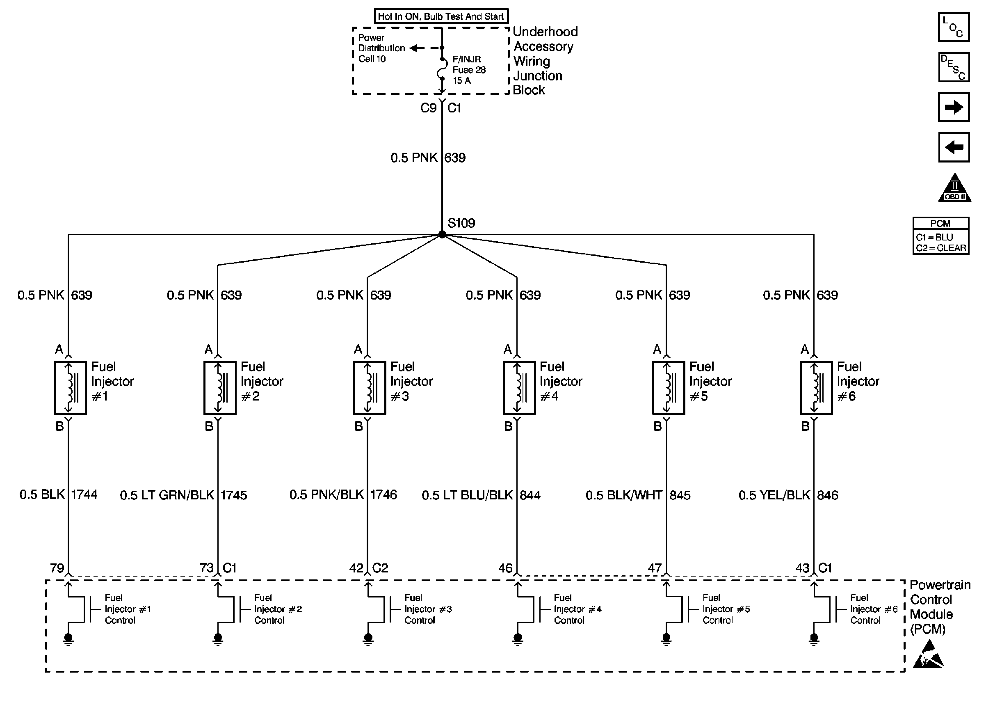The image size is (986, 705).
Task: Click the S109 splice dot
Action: pos(442,234)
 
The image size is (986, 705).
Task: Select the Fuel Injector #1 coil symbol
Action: pos(70,388)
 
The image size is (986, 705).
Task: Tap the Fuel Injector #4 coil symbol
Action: pos(519,388)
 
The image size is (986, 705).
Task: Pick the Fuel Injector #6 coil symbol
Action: pos(816,388)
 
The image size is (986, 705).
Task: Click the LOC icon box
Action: pos(954,27)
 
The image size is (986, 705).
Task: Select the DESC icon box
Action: pos(954,67)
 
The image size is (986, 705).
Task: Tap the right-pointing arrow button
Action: pos(954,107)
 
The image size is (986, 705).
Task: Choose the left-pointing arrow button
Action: pos(954,147)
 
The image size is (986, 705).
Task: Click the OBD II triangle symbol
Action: pos(954,188)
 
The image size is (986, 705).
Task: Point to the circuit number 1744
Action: pos(84,494)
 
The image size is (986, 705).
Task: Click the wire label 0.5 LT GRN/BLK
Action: pos(167,495)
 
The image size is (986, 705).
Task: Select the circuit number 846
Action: pos(828,495)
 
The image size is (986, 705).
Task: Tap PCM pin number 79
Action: pos(57,568)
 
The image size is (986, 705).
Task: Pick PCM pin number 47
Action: pos(655,568)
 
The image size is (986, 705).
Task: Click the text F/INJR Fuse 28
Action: pos(469,64)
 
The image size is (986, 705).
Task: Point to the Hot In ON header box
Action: pos(441,16)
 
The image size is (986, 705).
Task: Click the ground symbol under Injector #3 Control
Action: pos(368,639)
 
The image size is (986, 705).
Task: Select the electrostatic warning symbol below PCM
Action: pos(928,654)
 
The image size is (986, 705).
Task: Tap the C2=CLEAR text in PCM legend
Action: pos(941,248)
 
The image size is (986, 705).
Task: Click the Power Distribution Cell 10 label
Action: pos(381,48)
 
